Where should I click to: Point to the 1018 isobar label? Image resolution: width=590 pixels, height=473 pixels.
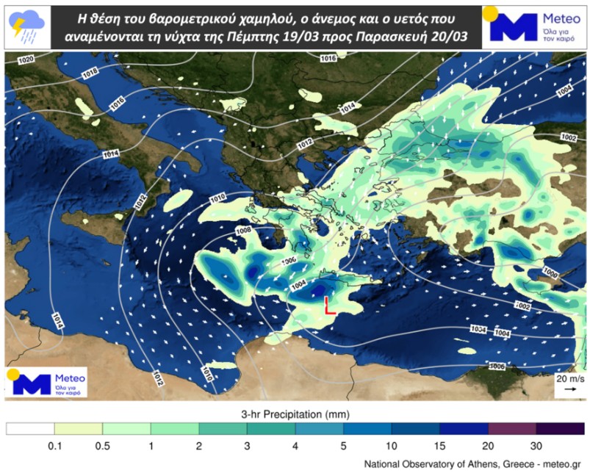(90, 73)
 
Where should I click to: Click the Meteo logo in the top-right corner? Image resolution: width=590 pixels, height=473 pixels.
(533, 26)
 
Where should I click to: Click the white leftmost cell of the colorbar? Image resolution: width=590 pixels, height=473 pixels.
(31, 428)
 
